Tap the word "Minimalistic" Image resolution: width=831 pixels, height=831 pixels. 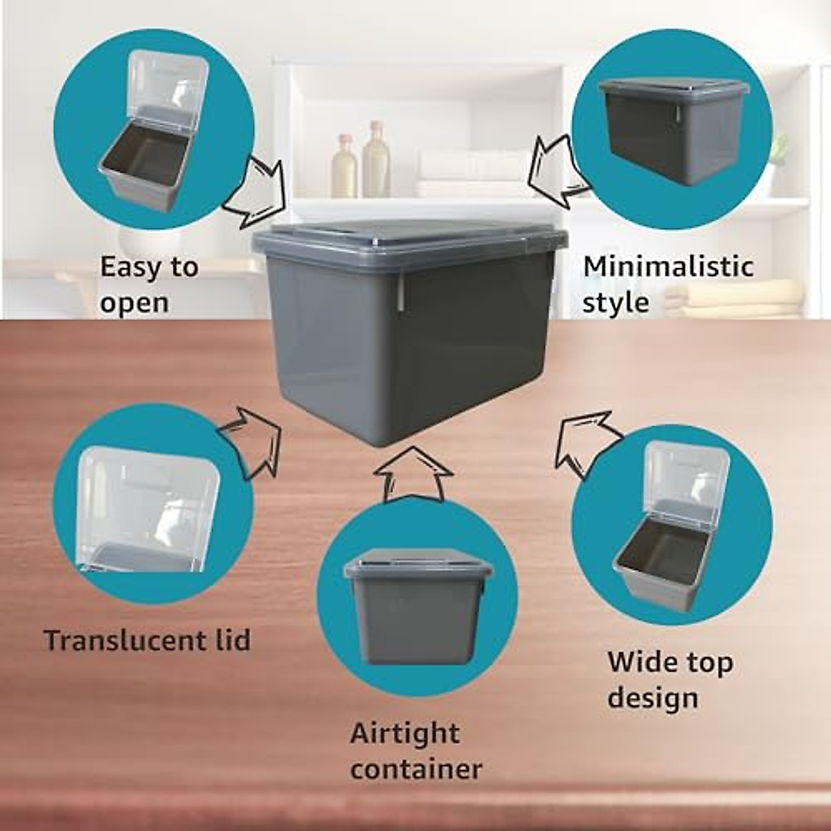coord(668,267)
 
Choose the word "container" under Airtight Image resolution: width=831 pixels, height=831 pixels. coord(415,769)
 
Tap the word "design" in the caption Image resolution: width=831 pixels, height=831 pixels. coord(652,698)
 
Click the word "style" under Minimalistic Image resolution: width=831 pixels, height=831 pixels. coord(615,303)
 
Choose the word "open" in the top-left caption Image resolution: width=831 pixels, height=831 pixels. coord(133,303)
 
